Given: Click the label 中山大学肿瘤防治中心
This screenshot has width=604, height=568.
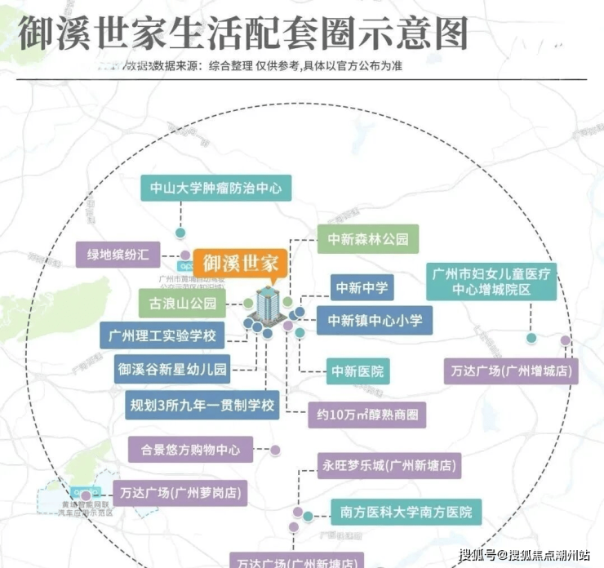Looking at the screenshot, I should click(215, 189).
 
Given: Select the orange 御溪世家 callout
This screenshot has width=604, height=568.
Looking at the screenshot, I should click(241, 264).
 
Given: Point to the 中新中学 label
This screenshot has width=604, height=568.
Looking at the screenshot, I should click(362, 287).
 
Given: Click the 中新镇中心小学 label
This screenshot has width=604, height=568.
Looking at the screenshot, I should click(375, 320).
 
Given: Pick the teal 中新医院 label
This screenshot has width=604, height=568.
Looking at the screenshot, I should click(357, 371).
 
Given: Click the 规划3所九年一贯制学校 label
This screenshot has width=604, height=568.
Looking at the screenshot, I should click(202, 403).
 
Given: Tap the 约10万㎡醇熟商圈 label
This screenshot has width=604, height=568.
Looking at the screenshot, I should click(366, 415).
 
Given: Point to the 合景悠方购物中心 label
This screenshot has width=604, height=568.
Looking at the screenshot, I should click(189, 449).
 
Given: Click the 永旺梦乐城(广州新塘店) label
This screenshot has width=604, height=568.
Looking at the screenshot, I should click(388, 467).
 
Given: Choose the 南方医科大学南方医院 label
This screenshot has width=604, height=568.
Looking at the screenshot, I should click(400, 513).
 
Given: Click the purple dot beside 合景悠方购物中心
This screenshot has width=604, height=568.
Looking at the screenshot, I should click(276, 450).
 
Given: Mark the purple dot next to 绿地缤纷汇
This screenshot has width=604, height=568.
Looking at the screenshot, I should click(186, 255).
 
